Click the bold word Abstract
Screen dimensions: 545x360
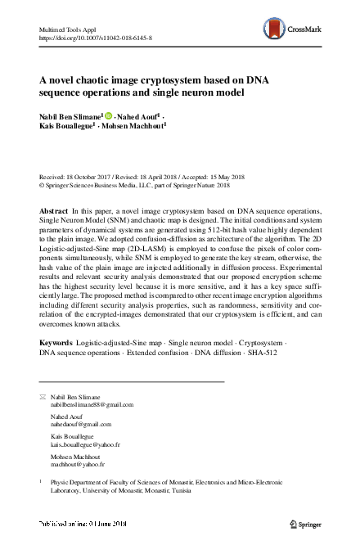coord(54,211)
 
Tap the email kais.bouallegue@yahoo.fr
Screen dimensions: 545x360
coord(86,445)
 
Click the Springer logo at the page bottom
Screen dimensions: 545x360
coord(304,522)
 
